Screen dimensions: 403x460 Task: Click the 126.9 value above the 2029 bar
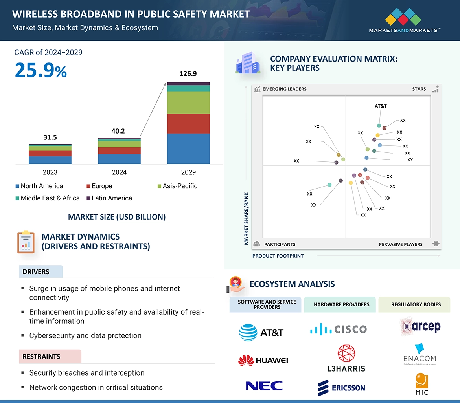point(188,73)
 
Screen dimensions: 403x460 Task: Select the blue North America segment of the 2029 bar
point(188,148)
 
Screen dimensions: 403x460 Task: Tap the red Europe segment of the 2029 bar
point(188,124)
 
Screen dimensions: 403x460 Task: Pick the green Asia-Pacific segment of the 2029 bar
point(188,103)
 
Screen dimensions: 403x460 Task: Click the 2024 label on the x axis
point(119,172)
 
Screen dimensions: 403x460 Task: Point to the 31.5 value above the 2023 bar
point(50,137)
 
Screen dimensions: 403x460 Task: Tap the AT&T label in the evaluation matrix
point(381,106)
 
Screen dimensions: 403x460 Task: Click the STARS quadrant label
point(419,89)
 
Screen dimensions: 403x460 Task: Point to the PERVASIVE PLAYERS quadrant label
point(401,244)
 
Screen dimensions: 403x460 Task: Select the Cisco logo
point(338,329)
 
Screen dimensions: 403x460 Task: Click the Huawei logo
point(263,360)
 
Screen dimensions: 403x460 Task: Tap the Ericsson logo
point(341,388)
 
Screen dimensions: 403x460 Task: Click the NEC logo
point(264,386)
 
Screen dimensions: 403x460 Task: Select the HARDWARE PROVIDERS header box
point(341,304)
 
